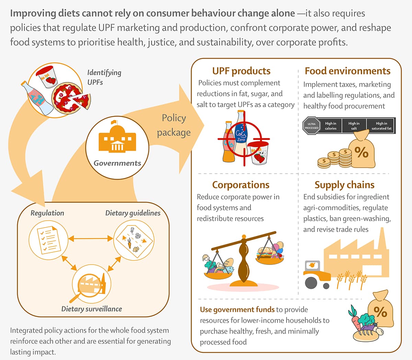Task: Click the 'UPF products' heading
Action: tap(241, 71)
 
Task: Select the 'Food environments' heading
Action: tap(347, 71)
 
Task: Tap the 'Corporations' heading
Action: tap(241, 185)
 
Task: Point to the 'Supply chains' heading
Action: tap(344, 185)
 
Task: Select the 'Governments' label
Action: tap(117, 163)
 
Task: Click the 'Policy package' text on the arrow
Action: tap(174, 125)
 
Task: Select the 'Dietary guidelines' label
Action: tap(133, 213)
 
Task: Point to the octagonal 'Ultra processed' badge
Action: tap(311, 126)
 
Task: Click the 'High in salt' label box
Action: tap(354, 126)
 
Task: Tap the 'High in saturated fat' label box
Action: tap(381, 126)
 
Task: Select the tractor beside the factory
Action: tap(316, 275)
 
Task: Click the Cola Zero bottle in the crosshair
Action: tap(241, 136)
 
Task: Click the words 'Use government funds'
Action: tap(237, 310)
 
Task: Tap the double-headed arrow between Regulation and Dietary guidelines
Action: tap(91, 239)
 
